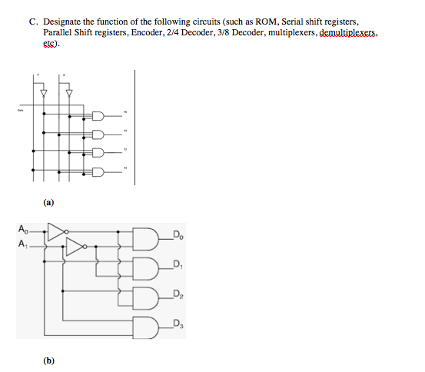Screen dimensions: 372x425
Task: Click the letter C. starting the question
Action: click(x=35, y=24)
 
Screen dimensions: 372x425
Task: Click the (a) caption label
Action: click(x=49, y=204)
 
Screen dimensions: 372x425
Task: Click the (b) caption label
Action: click(x=49, y=359)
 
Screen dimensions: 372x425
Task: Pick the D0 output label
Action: click(x=178, y=234)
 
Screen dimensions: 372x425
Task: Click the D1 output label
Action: click(x=178, y=265)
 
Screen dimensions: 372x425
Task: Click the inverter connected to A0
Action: click(x=56, y=229)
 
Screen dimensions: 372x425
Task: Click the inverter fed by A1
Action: click(x=75, y=246)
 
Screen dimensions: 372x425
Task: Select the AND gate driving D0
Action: click(x=146, y=238)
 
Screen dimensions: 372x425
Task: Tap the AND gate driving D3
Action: click(x=146, y=326)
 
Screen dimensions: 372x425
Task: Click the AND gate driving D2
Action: click(x=146, y=297)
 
